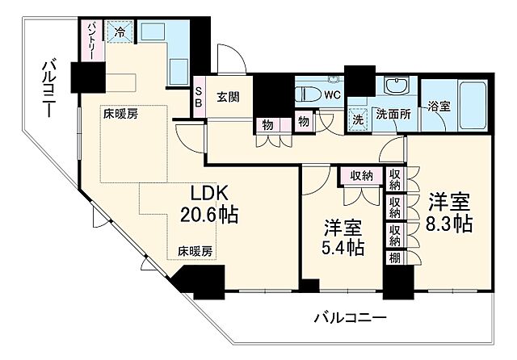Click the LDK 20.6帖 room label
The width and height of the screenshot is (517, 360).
[x=213, y=204]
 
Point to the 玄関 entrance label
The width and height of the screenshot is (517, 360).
[x=227, y=97]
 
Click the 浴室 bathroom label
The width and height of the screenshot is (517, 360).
[x=439, y=106]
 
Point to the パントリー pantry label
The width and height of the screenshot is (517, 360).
[x=93, y=40]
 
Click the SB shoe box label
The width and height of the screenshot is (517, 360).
[x=198, y=97]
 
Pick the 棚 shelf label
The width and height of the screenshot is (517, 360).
[x=395, y=258]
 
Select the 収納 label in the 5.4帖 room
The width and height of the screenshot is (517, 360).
[x=361, y=176]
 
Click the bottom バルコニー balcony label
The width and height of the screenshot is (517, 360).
[x=350, y=317]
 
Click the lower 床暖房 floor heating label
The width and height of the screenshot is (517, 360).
[x=195, y=250]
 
